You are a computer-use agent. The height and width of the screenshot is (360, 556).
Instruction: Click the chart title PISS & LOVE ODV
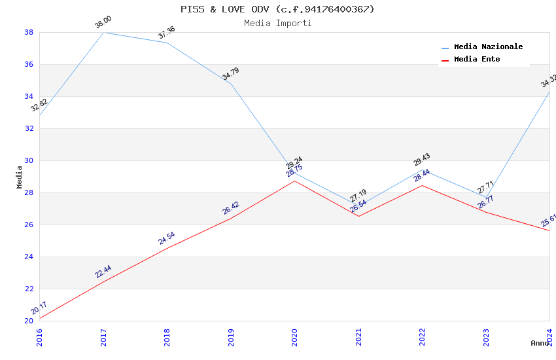point(277,9)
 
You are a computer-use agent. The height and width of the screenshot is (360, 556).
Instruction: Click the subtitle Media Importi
point(277,23)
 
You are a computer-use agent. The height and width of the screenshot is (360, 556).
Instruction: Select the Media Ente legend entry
point(477,60)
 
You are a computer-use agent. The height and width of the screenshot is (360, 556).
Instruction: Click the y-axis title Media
point(20,177)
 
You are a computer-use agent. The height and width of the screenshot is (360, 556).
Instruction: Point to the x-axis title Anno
point(540,343)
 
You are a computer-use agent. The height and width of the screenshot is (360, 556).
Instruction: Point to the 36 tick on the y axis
point(29,64)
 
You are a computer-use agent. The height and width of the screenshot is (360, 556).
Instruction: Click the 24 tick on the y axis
point(29,257)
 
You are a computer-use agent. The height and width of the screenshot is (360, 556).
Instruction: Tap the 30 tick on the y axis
point(29,160)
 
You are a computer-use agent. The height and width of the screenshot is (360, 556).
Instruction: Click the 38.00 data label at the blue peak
point(103,22)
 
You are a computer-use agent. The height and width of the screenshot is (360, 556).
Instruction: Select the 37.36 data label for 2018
point(167,33)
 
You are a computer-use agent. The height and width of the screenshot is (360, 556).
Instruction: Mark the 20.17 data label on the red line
point(39,308)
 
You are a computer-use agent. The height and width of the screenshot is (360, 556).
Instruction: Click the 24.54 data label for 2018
point(167,238)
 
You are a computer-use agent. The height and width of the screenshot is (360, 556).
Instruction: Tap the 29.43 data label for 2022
point(422,160)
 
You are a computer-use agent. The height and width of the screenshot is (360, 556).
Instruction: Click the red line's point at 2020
point(294,181)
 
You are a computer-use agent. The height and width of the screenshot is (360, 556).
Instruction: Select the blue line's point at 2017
point(103,32)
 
